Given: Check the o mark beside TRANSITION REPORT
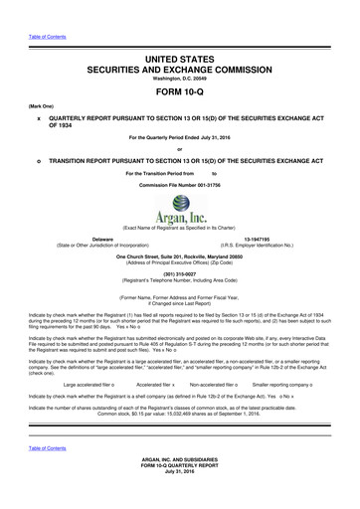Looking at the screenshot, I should tap(38, 159).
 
